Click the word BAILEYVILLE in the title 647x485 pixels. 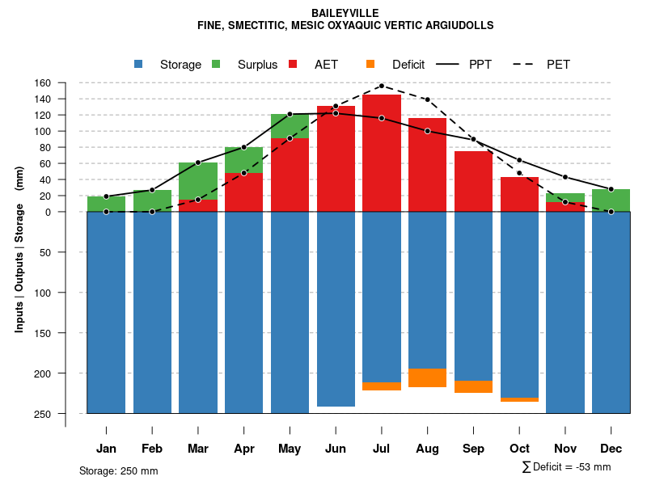345,13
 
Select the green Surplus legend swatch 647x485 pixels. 216,64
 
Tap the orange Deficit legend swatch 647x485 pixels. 370,64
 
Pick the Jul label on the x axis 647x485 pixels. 382,449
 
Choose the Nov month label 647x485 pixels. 565,449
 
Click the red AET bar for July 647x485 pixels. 382,154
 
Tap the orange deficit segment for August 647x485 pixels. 427,377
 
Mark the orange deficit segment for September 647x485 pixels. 473,386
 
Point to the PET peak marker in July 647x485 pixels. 382,86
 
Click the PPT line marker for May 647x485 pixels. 290,114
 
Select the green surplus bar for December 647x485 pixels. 611,200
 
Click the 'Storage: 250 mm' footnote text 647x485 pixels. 118,471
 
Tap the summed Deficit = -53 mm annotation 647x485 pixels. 566,466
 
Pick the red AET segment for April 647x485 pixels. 243,192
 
